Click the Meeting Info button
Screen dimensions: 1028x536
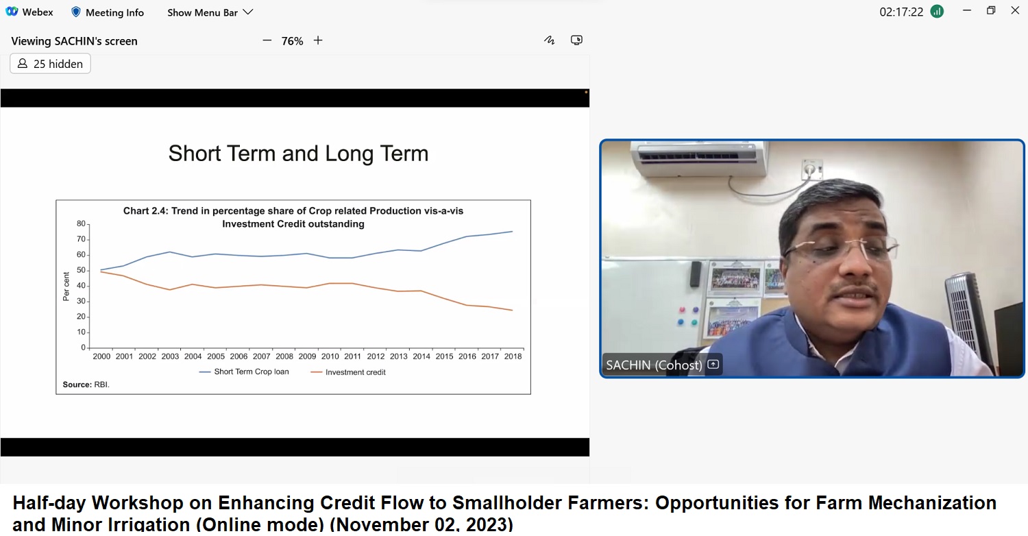108,12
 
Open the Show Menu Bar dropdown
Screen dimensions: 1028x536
210,12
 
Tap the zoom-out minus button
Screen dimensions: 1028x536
267,40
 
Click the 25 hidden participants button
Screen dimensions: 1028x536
51,63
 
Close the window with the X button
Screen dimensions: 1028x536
1015,10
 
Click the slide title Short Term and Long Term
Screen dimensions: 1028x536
298,154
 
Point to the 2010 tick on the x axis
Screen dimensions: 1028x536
330,356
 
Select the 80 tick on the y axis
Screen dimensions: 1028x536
82,223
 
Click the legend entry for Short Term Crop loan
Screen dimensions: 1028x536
244,371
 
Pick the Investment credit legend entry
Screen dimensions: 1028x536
348,372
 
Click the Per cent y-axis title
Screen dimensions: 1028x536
66,287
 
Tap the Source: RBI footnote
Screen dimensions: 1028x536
86,385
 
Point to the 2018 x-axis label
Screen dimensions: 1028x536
513,356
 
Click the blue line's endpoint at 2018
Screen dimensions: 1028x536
512,231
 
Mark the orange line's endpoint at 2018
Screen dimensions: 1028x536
512,310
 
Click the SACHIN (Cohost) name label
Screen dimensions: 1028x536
654,365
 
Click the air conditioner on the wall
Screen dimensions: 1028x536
698,159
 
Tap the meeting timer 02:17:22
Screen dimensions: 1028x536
901,12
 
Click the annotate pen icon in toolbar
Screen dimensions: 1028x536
550,40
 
